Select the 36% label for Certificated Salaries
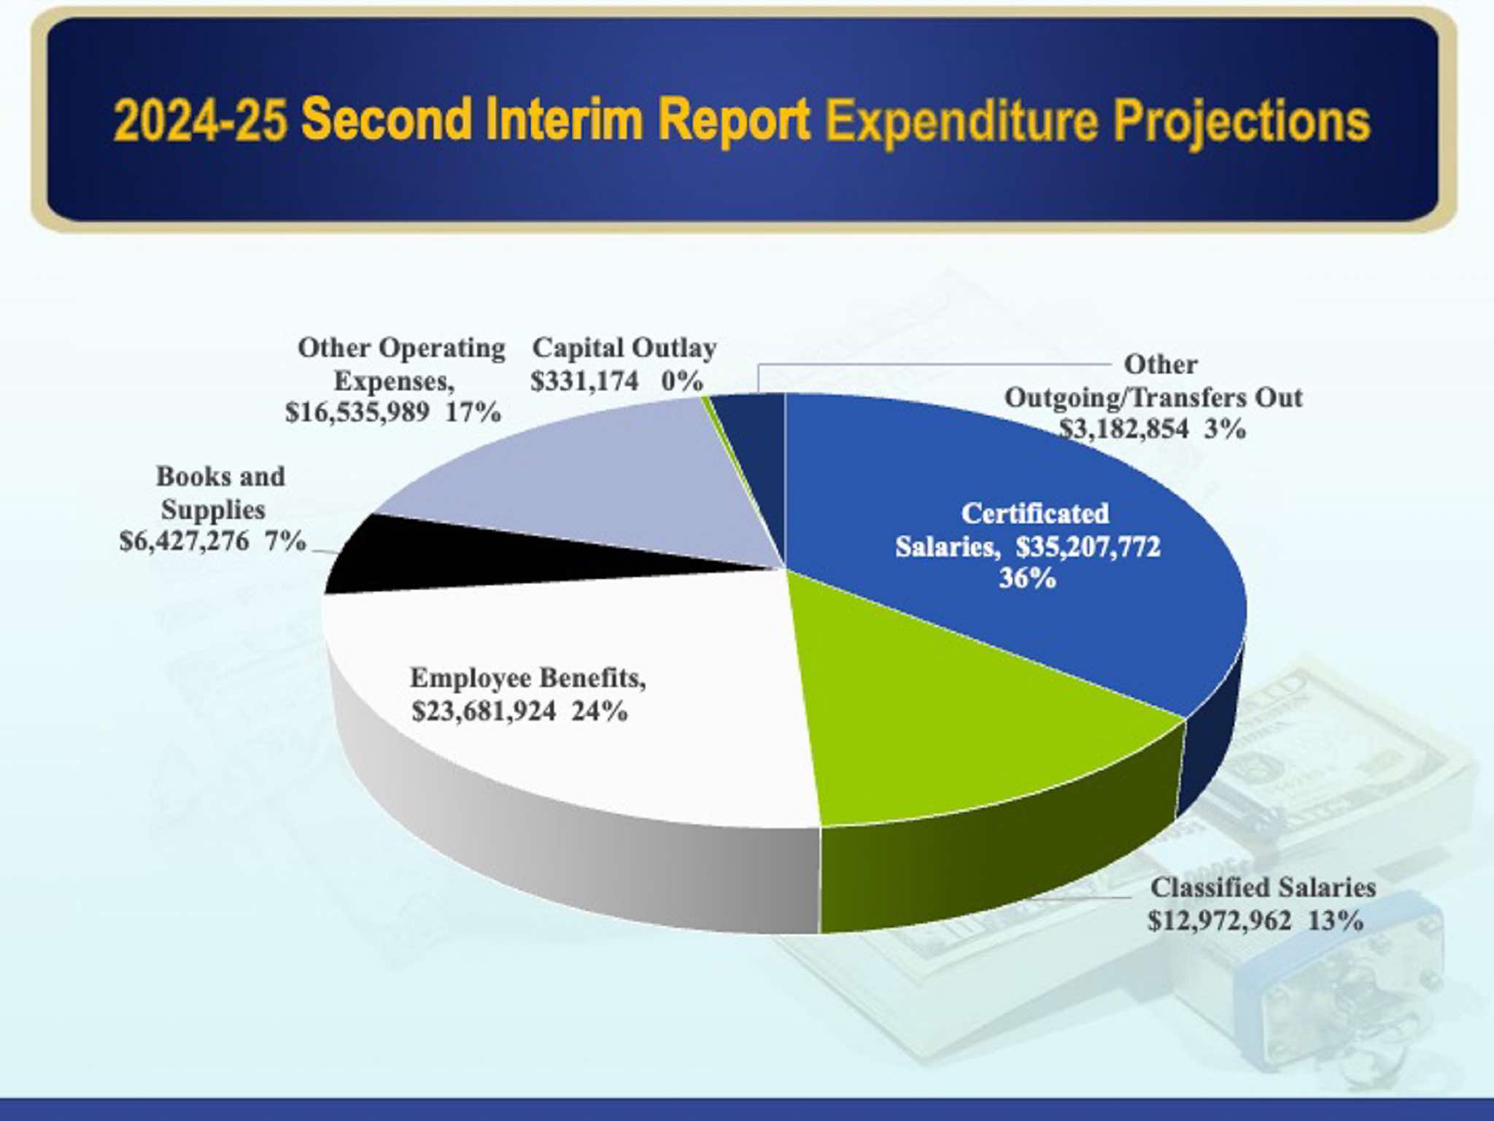pos(1027,579)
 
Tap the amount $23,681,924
pos(484,711)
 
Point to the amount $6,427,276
pos(184,542)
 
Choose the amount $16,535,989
pos(357,412)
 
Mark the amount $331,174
pos(584,381)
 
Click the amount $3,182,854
pos(1123,428)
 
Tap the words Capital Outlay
pos(624,348)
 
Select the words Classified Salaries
pos(1263,887)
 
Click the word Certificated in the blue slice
pos(1035,513)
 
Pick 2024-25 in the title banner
pos(201,120)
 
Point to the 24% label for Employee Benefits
pos(600,711)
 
